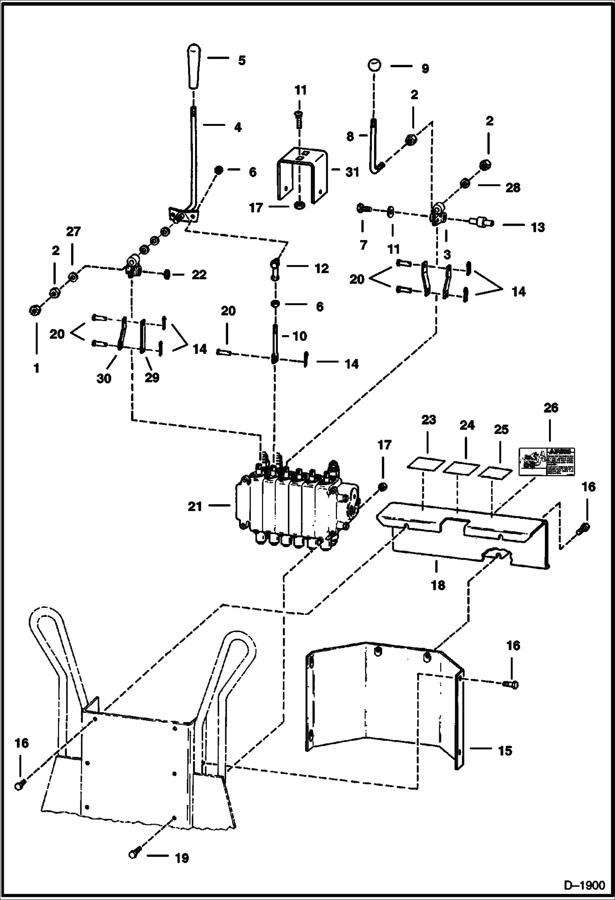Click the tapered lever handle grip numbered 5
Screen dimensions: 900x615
[193, 68]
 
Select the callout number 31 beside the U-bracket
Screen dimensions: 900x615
[352, 173]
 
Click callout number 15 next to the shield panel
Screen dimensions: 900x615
[505, 751]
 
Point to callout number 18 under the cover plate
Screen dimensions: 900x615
[438, 585]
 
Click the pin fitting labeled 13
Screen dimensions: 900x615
[481, 223]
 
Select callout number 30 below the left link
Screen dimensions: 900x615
[103, 378]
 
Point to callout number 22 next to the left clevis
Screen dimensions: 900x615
[199, 274]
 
